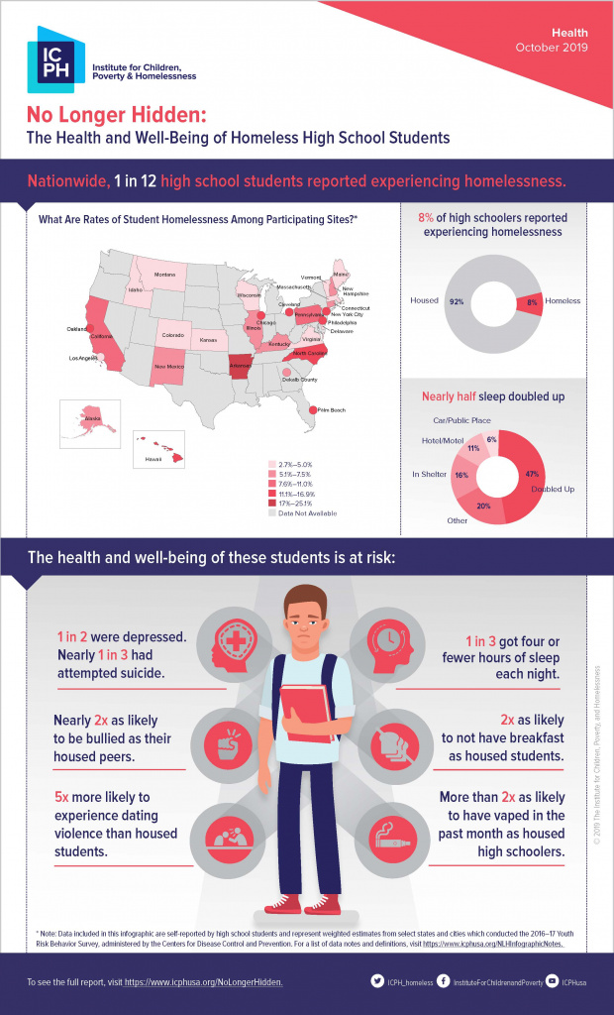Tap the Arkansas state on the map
(240, 367)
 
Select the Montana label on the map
(163, 275)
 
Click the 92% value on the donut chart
(457, 300)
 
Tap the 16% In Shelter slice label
(461, 475)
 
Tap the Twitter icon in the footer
(377, 981)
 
